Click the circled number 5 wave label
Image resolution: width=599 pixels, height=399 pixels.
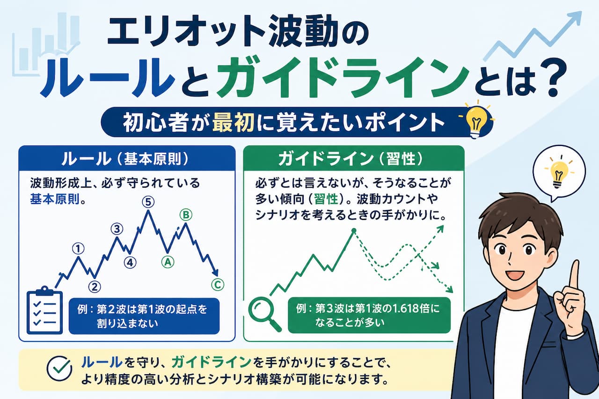pos(148,202)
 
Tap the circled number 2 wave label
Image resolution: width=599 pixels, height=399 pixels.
pos(95,287)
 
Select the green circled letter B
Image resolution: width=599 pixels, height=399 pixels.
pos(186,215)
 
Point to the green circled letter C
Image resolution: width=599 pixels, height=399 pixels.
pos(218,284)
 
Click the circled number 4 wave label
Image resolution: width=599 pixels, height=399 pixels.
pos(130,263)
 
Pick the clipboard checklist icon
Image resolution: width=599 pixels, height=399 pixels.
pos(44,310)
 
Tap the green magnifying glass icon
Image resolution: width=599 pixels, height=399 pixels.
pos(264,315)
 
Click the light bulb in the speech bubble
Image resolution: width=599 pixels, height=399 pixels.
pos(559,174)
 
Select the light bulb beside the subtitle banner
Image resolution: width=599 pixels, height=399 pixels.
pos(476,121)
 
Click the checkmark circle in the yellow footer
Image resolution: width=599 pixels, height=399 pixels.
pos(59,369)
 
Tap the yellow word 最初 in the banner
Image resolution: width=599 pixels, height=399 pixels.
pos(233,123)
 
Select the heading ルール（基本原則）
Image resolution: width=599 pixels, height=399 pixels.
pos(125,159)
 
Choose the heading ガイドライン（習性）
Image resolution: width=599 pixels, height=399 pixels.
pos(351,159)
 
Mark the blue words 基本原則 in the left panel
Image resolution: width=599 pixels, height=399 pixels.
pos(55,199)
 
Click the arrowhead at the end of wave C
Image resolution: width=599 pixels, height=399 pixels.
pos(216,272)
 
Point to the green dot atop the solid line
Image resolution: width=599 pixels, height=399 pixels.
pos(354,230)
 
